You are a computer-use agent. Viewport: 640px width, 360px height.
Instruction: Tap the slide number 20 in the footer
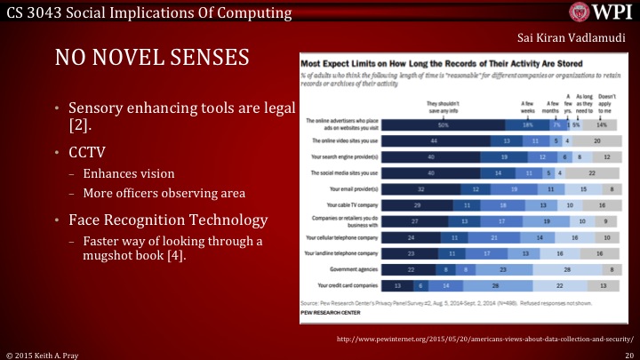628,353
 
